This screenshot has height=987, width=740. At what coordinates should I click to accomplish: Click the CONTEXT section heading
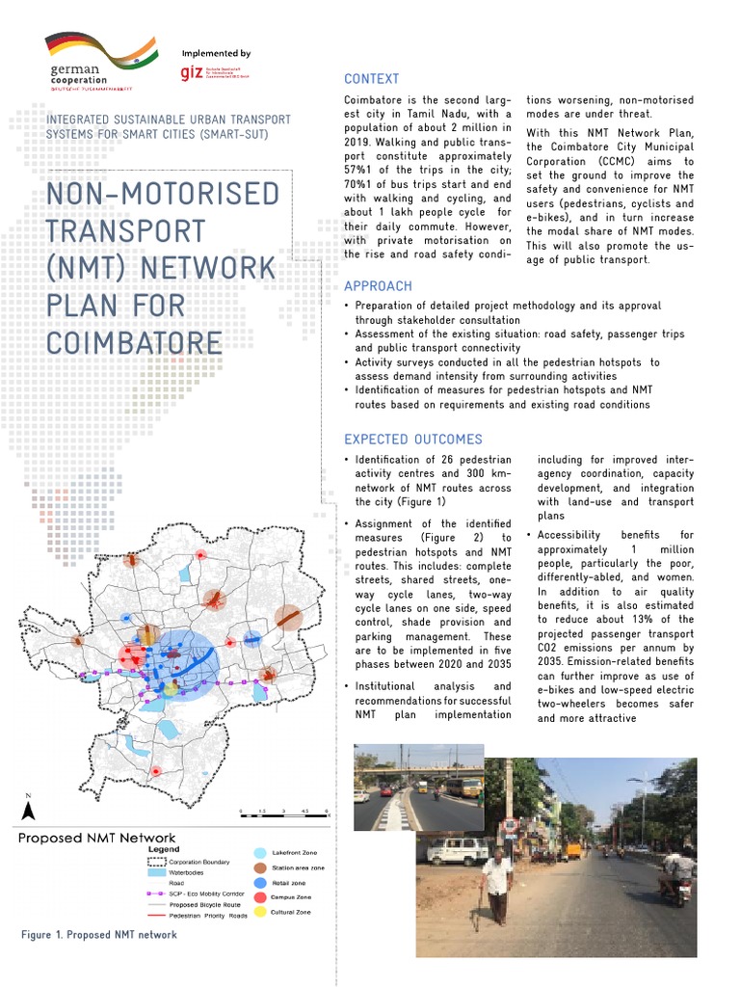pyautogui.click(x=371, y=79)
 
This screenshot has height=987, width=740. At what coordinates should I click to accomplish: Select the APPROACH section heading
pyautogui.click(x=378, y=286)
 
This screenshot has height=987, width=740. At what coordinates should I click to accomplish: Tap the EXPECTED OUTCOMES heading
pyautogui.click(x=412, y=440)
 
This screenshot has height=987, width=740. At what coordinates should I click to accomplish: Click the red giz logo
pyautogui.click(x=191, y=73)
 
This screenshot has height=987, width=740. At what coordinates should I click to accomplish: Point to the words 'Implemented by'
pyautogui.click(x=216, y=54)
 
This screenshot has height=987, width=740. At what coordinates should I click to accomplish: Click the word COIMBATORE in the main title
pyautogui.click(x=135, y=343)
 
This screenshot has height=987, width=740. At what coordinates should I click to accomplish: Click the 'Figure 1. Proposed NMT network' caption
pyautogui.click(x=99, y=935)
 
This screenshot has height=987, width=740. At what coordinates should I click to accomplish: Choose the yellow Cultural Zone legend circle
pyautogui.click(x=259, y=911)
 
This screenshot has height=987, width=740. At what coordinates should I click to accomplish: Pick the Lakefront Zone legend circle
pyautogui.click(x=259, y=853)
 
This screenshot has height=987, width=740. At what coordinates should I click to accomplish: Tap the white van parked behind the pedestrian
pyautogui.click(x=458, y=850)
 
